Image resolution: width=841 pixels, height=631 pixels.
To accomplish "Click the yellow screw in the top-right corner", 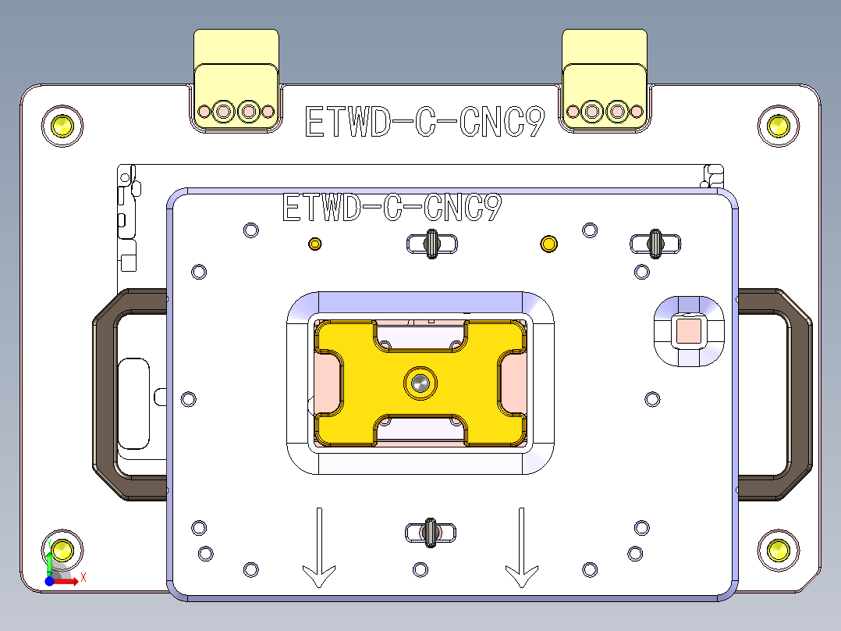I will point(778,124).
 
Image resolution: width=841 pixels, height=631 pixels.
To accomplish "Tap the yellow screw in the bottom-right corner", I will point(778,550).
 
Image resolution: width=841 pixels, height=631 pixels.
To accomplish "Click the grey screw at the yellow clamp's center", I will point(420,383).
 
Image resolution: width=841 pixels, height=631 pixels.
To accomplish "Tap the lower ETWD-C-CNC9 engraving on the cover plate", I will point(391,208).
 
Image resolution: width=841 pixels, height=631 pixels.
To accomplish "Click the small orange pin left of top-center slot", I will point(315,244).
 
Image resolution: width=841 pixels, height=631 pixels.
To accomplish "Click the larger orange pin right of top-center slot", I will point(548,244).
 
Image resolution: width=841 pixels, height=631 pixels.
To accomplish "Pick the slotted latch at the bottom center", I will point(429,533).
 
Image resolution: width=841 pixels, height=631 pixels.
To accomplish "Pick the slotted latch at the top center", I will point(431,244).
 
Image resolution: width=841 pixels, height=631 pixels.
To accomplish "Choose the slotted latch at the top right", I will point(656,244).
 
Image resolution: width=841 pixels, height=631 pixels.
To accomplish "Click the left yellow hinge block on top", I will point(236,78).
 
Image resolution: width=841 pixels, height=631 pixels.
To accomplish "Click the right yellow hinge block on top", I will point(605,78).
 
